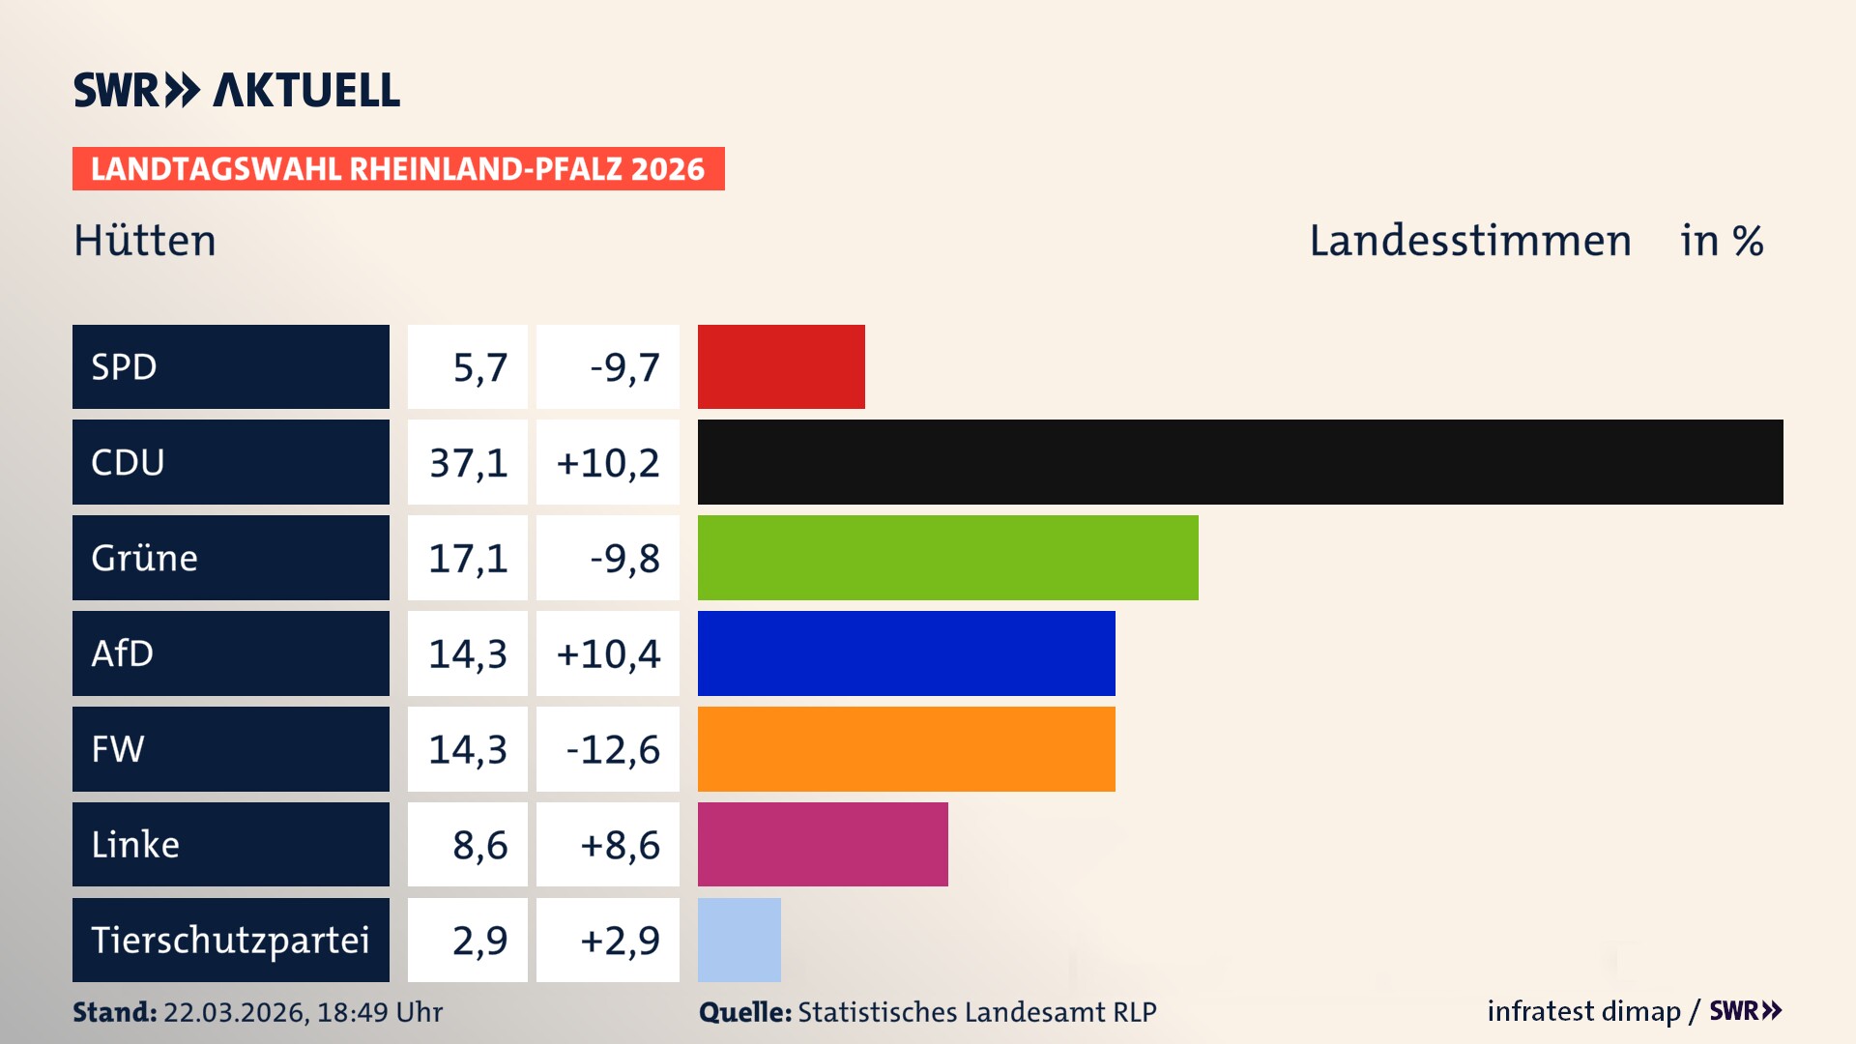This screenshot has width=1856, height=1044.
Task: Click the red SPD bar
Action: pyautogui.click(x=781, y=366)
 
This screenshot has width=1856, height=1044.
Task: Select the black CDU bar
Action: pyautogui.click(x=1240, y=462)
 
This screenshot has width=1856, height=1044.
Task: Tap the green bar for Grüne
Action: pyautogui.click(x=947, y=558)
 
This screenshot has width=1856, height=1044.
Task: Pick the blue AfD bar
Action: pyautogui.click(x=906, y=653)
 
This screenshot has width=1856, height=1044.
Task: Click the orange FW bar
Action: pyautogui.click(x=906, y=749)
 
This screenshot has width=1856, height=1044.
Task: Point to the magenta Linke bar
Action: pyautogui.click(x=823, y=844)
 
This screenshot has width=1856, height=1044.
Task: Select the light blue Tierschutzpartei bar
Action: pyautogui.click(x=739, y=940)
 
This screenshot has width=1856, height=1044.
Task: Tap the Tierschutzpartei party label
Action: pyautogui.click(x=230, y=940)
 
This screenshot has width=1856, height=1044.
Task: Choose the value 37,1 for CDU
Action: pyautogui.click(x=469, y=463)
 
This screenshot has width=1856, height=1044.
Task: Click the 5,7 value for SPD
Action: pyautogui.click(x=479, y=367)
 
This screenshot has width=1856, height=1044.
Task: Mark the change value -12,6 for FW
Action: pyautogui.click(x=613, y=750)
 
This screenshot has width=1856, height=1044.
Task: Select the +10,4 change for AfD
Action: pyautogui.click(x=608, y=654)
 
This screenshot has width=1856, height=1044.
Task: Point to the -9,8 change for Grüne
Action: pyautogui.click(x=624, y=559)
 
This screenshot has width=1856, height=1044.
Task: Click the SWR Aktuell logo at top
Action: pyautogui.click(x=237, y=90)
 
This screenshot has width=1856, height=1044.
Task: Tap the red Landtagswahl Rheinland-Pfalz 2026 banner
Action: pyautogui.click(x=398, y=169)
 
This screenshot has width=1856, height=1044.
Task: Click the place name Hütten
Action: pyautogui.click(x=145, y=241)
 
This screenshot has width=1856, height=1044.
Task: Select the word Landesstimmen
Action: pyautogui.click(x=1469, y=241)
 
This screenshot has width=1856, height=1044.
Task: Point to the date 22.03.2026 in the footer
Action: pyautogui.click(x=235, y=1012)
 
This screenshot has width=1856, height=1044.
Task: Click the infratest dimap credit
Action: pyautogui.click(x=1583, y=1011)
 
